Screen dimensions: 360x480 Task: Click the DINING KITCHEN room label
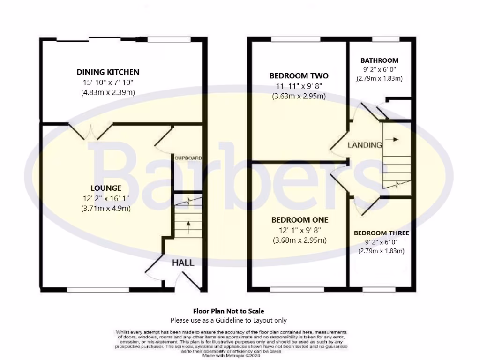tap(108, 72)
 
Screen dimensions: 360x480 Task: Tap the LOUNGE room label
tap(109, 188)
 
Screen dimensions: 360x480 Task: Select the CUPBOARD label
tap(188, 158)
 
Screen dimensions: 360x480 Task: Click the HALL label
tap(182, 263)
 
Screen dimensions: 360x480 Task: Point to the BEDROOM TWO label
tap(299, 76)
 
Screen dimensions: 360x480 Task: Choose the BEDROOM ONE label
tap(300, 220)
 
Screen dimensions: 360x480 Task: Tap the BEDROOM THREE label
tap(381, 233)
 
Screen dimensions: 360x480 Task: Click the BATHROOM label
tap(379, 60)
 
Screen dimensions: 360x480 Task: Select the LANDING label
tap(365, 145)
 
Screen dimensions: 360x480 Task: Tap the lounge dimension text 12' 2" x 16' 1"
tap(108, 198)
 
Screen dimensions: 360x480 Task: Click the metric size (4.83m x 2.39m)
tap(108, 92)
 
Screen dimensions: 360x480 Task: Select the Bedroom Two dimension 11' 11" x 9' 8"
tap(299, 86)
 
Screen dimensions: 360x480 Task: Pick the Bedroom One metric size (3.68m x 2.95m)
tap(300, 240)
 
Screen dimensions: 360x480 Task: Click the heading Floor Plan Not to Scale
tap(228, 311)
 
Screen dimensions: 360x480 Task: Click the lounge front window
tap(98, 290)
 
